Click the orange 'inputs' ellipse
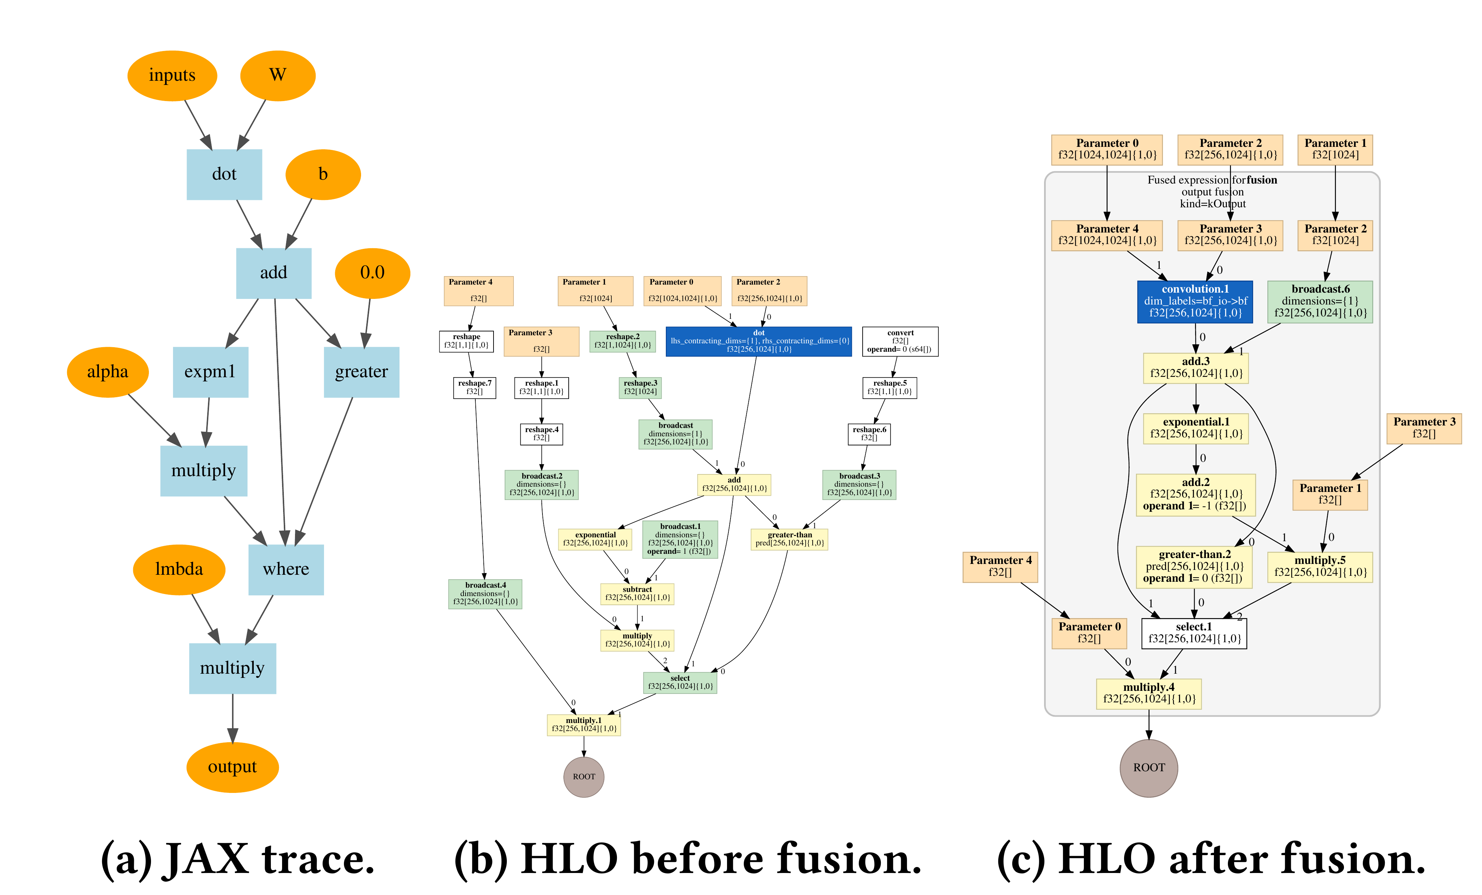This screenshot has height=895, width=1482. pos(172,76)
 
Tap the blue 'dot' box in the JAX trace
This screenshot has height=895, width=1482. pos(224,174)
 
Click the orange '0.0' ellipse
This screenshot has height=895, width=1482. pos(372,273)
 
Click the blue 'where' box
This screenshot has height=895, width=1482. pos(286,570)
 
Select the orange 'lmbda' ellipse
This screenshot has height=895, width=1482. pos(179,570)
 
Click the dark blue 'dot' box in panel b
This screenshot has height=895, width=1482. pos(758,341)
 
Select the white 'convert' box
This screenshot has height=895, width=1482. pos(900,341)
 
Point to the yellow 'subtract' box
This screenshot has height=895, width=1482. pos(637,594)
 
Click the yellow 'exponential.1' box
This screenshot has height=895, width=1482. pos(1196,428)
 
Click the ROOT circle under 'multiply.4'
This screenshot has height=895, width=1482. pos(1149,768)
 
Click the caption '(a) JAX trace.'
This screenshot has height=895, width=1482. pos(238,858)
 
